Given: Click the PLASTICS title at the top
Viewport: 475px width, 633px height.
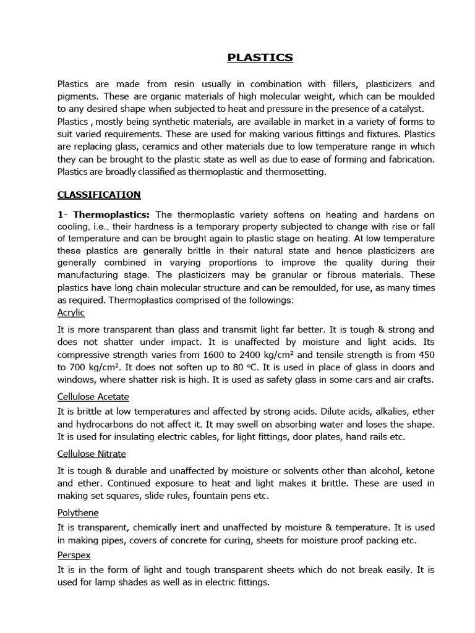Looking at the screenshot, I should [260, 58].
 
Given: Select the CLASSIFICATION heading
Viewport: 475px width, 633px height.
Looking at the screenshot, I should [99, 195].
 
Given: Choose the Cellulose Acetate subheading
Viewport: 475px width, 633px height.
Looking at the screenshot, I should [93, 396].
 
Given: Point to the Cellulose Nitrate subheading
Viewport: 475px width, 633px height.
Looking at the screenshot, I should [92, 454].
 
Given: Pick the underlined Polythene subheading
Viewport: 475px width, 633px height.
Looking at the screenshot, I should [78, 512].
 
